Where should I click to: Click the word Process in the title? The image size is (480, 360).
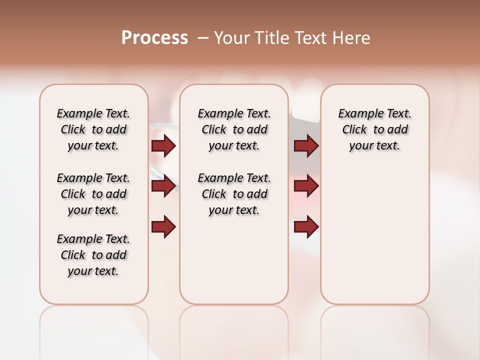(154, 37)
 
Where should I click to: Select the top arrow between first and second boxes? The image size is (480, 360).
(163, 145)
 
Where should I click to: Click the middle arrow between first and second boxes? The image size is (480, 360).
(163, 186)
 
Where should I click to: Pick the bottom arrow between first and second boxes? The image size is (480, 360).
(163, 227)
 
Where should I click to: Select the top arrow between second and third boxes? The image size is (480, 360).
(306, 145)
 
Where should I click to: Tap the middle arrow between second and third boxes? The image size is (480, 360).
(306, 186)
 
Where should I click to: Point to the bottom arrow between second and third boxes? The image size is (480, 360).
(306, 227)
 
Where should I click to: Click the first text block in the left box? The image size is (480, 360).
(93, 129)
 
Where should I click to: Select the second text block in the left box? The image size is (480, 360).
(93, 194)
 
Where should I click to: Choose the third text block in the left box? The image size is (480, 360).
(93, 255)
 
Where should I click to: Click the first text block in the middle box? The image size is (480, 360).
(234, 129)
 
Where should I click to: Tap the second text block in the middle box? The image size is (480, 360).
(234, 194)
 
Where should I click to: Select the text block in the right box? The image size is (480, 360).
(375, 129)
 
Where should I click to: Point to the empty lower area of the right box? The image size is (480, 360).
(375, 235)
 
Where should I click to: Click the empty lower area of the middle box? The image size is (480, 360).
(234, 260)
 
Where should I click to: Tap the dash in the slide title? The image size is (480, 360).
(203, 38)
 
